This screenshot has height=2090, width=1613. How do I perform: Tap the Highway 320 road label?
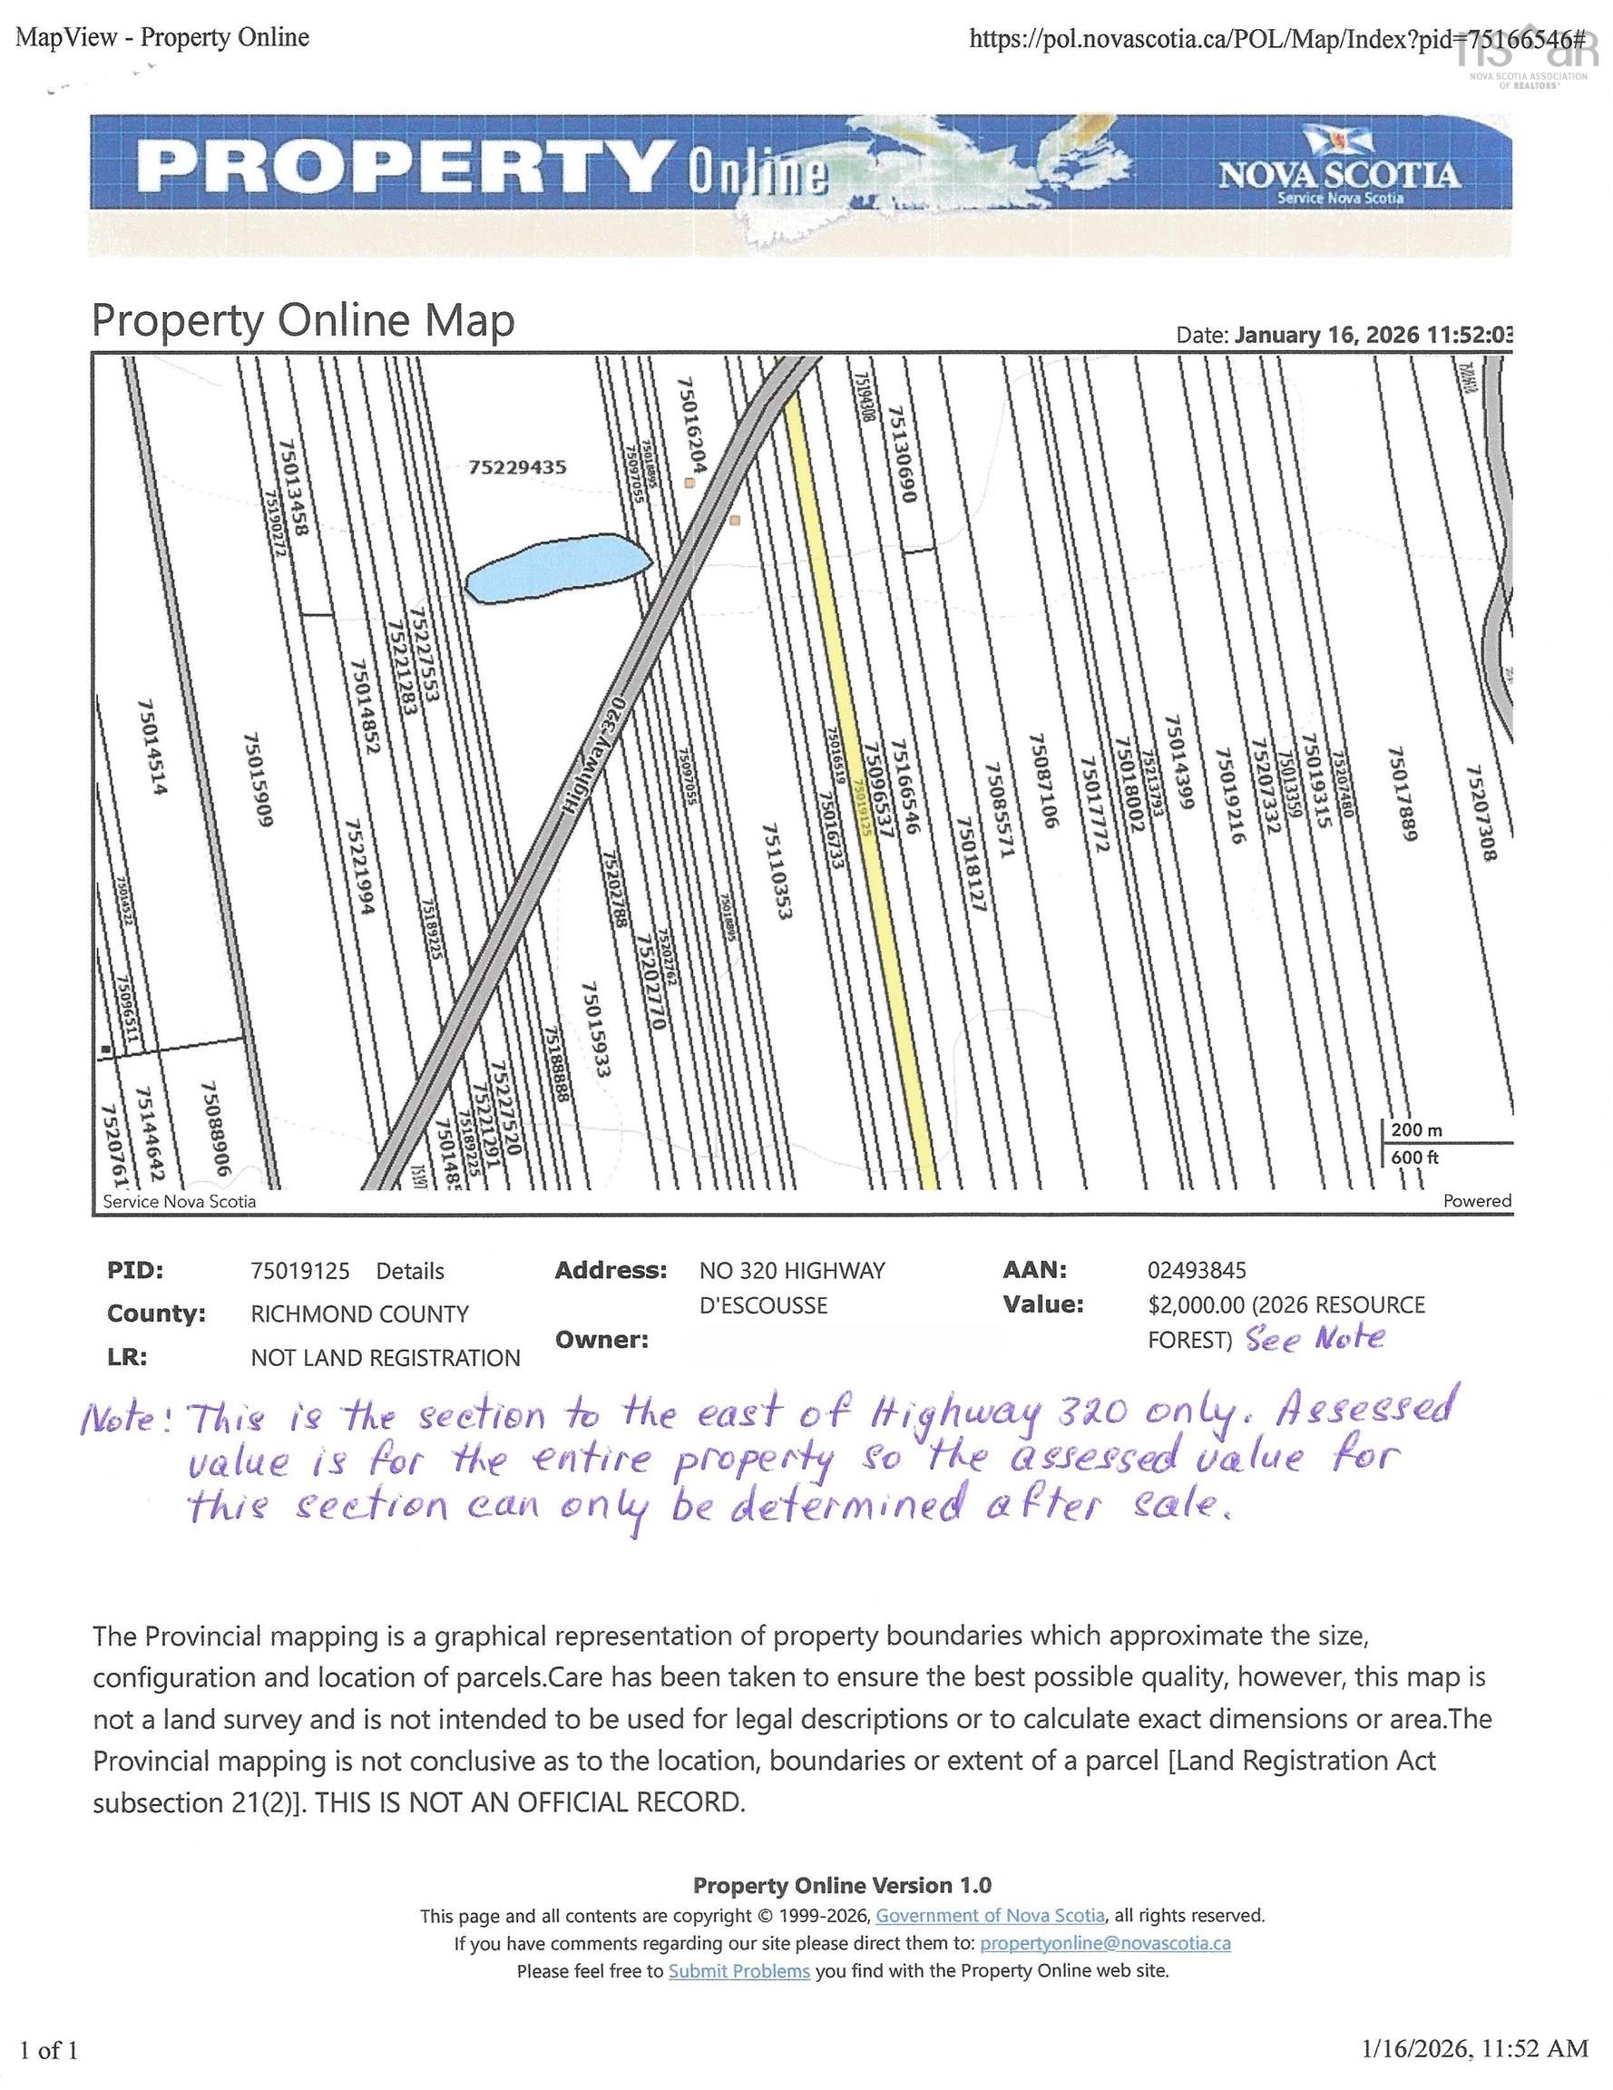(592, 756)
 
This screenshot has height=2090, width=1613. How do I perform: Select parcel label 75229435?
(517, 467)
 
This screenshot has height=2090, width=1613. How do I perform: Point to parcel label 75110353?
(777, 872)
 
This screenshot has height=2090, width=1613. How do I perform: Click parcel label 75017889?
(1401, 796)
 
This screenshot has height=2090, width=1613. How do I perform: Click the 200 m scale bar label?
(1416, 1129)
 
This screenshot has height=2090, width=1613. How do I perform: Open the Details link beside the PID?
(410, 1271)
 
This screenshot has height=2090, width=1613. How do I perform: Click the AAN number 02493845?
(1197, 1270)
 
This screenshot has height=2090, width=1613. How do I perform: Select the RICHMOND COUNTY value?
(360, 1314)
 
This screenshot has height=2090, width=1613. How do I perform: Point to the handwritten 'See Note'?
(1315, 1338)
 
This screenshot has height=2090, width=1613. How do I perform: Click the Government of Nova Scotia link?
(990, 1916)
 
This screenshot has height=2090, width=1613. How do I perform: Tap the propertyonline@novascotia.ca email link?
(1106, 1944)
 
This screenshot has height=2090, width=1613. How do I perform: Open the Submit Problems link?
(739, 1971)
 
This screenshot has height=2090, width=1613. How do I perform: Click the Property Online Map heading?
(302, 321)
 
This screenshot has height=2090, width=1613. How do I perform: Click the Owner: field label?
(601, 1340)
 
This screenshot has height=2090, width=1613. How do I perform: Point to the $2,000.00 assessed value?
(1197, 1305)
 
